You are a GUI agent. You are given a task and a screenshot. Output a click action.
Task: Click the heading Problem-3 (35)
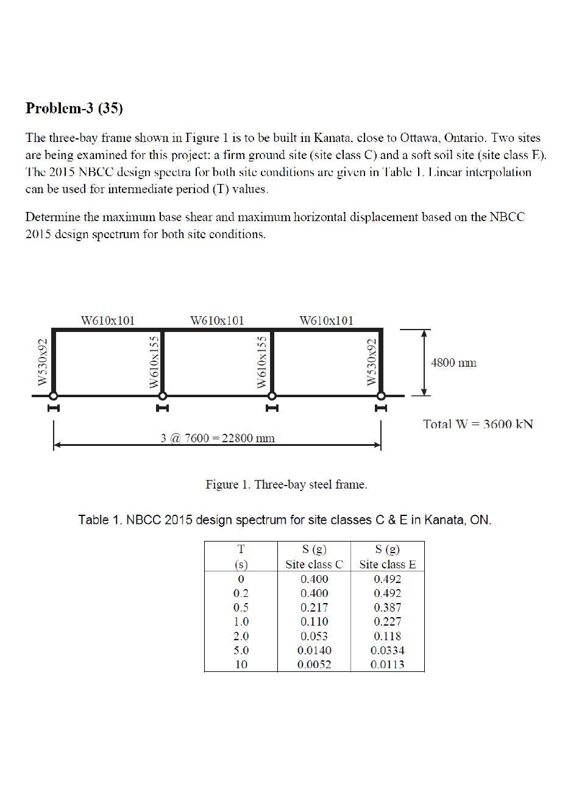tap(74, 108)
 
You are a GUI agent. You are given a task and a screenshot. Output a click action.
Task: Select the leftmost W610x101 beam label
tap(108, 320)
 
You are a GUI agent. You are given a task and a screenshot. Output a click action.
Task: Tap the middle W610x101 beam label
tap(217, 320)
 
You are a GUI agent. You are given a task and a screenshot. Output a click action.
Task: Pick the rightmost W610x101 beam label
tap(326, 320)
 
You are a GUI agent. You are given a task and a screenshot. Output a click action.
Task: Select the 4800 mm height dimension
tap(453, 363)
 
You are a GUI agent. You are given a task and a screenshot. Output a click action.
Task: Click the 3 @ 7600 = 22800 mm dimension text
tap(218, 438)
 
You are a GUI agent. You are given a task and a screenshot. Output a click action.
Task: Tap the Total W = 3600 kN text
tap(478, 424)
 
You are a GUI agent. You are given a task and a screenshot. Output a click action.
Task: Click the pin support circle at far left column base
tap(54, 395)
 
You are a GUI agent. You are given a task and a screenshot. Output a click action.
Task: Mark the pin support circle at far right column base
tap(381, 395)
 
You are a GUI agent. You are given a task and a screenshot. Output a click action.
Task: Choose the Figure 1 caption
tap(286, 485)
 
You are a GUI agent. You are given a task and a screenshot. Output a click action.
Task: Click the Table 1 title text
tap(285, 520)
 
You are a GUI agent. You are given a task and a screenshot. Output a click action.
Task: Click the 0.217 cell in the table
tap(314, 607)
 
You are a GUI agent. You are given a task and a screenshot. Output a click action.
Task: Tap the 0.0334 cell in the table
tap(388, 651)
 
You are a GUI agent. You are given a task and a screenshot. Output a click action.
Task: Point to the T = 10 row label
tap(241, 665)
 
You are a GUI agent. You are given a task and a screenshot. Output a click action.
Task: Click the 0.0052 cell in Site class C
tap(314, 665)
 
